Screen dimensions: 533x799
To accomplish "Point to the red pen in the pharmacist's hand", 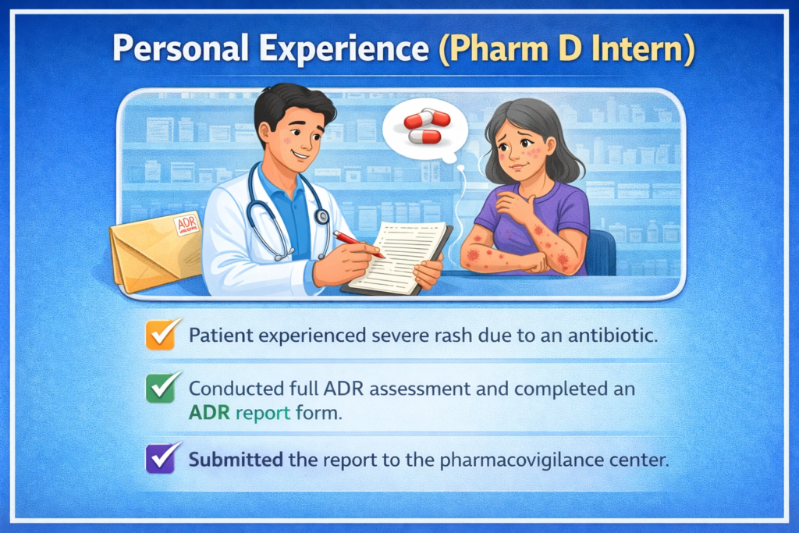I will pyautogui.click(x=358, y=243).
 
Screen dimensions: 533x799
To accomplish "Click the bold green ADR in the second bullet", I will pyautogui.click(x=207, y=414).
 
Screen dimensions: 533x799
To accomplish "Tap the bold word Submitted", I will pyautogui.click(x=236, y=459).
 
